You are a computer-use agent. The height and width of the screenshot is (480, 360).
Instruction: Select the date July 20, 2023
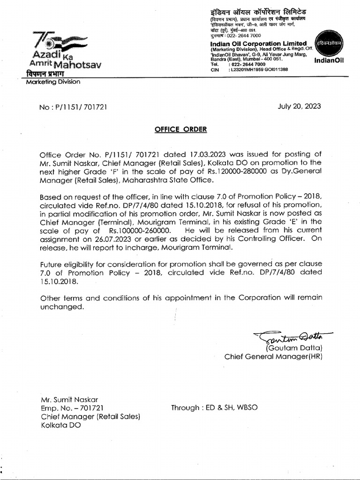point(300,106)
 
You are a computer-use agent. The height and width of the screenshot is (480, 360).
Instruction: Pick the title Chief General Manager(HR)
point(273,357)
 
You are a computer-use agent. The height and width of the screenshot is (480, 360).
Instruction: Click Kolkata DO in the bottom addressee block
point(60,425)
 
